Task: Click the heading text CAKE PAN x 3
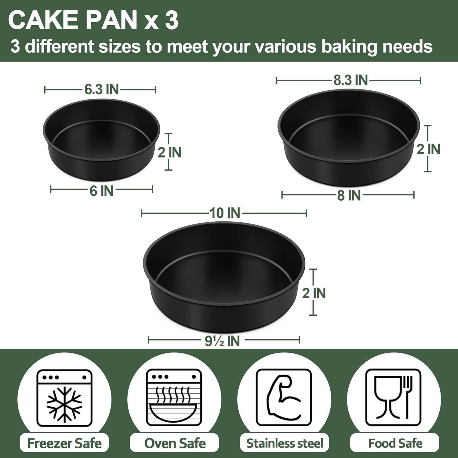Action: tap(93, 21)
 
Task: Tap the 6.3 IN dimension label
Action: tap(101, 89)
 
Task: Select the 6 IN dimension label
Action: tap(101, 191)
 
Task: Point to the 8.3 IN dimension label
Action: tap(351, 80)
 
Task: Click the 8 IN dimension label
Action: tap(349, 195)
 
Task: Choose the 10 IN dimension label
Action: tap(225, 213)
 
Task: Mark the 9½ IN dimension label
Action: tap(222, 341)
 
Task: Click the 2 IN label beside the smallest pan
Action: tap(169, 152)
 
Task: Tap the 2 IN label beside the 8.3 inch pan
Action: tap(428, 149)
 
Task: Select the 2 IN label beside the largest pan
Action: tap(314, 293)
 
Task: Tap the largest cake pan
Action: tap(224, 277)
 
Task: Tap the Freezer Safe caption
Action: tap(64, 443)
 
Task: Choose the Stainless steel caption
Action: tap(285, 443)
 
